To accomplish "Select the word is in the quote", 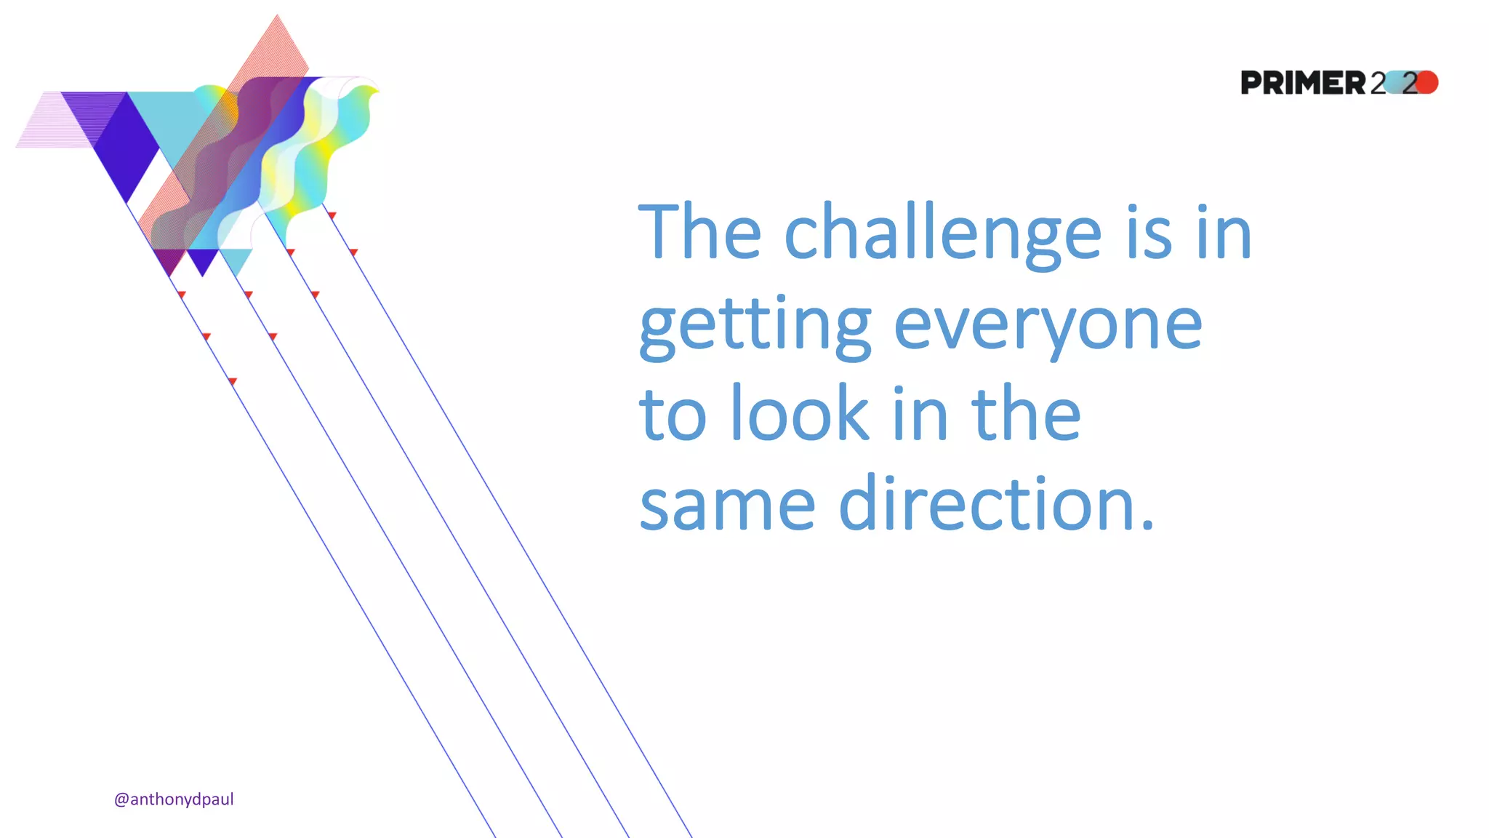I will tap(1149, 233).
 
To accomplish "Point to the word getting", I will tap(755, 326).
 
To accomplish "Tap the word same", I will tap(727, 504).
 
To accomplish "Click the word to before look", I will tap(673, 415).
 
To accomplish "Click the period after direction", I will tap(1147, 524).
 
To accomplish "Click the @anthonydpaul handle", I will tap(174, 799).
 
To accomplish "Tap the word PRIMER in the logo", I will tap(1303, 83).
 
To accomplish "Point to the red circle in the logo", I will tap(1426, 82).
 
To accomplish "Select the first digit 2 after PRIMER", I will tap(1378, 83).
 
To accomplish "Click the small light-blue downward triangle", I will tap(236, 259).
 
